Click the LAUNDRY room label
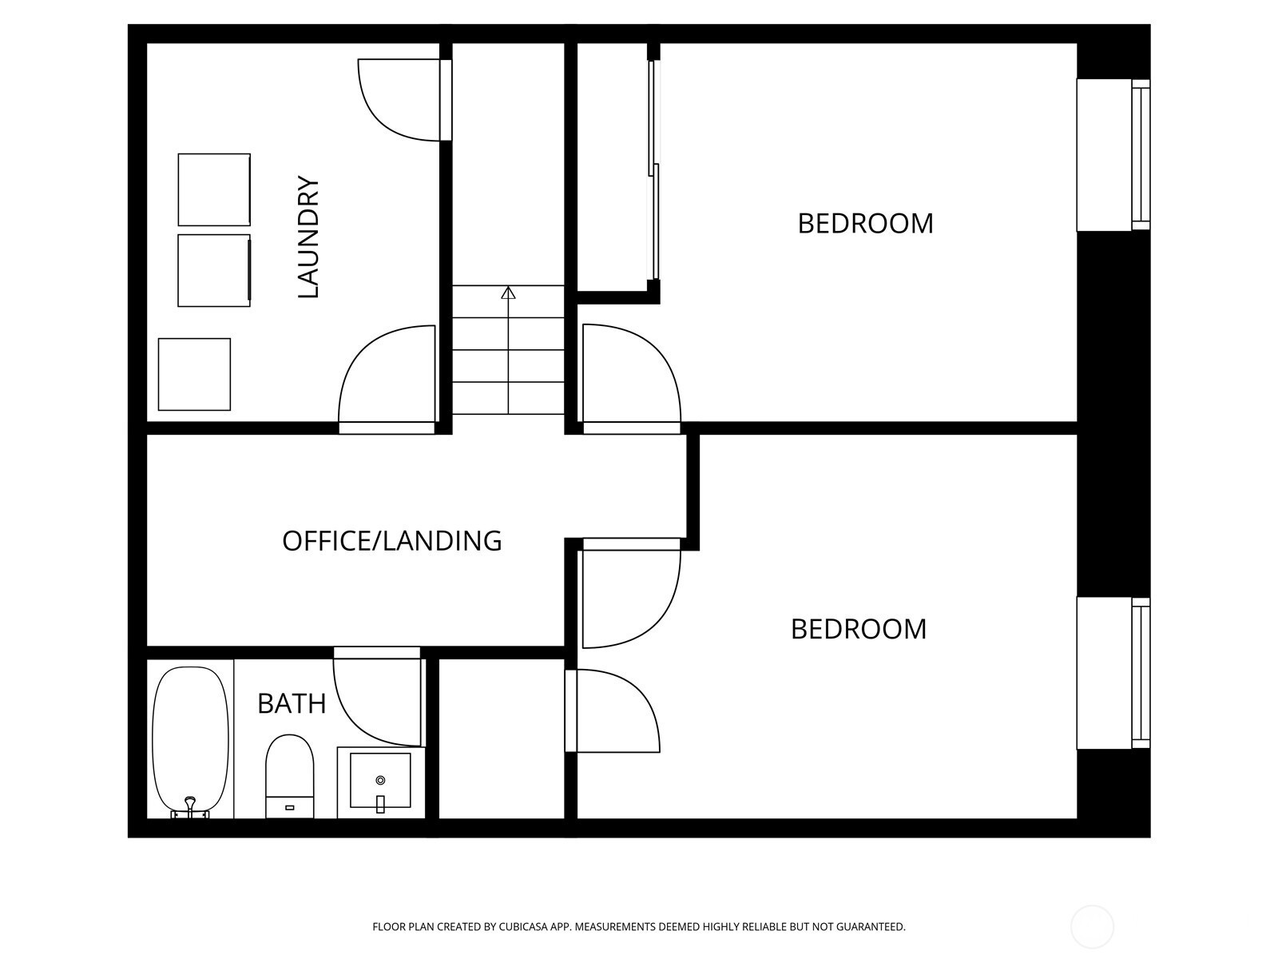(x=308, y=237)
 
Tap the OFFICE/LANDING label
(x=392, y=541)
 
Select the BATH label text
(x=292, y=703)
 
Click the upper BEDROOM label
(x=865, y=224)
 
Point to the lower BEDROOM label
(x=858, y=630)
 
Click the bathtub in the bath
(x=190, y=742)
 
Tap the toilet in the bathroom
(x=289, y=776)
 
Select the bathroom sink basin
(x=380, y=780)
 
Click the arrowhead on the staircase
(x=508, y=292)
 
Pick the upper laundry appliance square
(x=214, y=190)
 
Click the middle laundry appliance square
(x=214, y=271)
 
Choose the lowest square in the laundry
(x=194, y=374)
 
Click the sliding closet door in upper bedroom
(x=654, y=169)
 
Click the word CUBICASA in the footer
(x=523, y=927)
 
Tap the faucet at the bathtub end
(x=189, y=807)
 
